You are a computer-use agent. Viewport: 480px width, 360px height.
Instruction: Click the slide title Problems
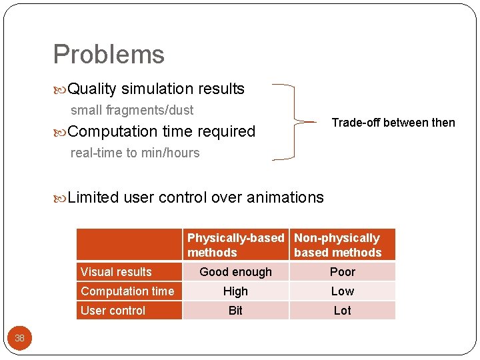click(x=109, y=55)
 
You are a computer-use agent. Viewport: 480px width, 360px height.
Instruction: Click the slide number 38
click(x=19, y=338)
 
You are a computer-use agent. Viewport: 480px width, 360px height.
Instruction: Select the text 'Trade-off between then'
click(x=393, y=123)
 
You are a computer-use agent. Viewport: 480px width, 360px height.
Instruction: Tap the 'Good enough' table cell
click(x=235, y=272)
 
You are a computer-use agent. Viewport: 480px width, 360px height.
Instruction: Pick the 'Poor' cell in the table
click(x=342, y=272)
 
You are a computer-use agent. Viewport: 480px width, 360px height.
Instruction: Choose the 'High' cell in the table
click(x=235, y=291)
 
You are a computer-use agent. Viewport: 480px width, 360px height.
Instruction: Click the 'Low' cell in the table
click(x=342, y=291)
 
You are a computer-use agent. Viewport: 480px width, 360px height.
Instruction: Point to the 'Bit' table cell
click(x=235, y=311)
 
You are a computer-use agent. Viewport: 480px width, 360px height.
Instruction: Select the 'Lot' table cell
click(x=342, y=311)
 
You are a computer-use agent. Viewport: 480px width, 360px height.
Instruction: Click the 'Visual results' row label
click(x=116, y=272)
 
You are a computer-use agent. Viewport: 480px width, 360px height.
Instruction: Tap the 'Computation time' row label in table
click(x=127, y=291)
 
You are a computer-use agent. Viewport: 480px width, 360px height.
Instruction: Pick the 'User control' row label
click(x=113, y=311)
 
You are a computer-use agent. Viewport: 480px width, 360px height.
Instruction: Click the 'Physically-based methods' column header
click(x=235, y=245)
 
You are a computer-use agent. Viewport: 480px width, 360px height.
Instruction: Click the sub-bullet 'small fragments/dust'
click(x=132, y=110)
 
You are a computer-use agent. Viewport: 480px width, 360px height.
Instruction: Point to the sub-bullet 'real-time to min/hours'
click(x=135, y=153)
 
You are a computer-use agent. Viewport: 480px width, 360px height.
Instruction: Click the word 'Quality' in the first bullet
click(x=92, y=89)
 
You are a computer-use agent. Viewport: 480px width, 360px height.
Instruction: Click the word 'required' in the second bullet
click(x=227, y=131)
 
